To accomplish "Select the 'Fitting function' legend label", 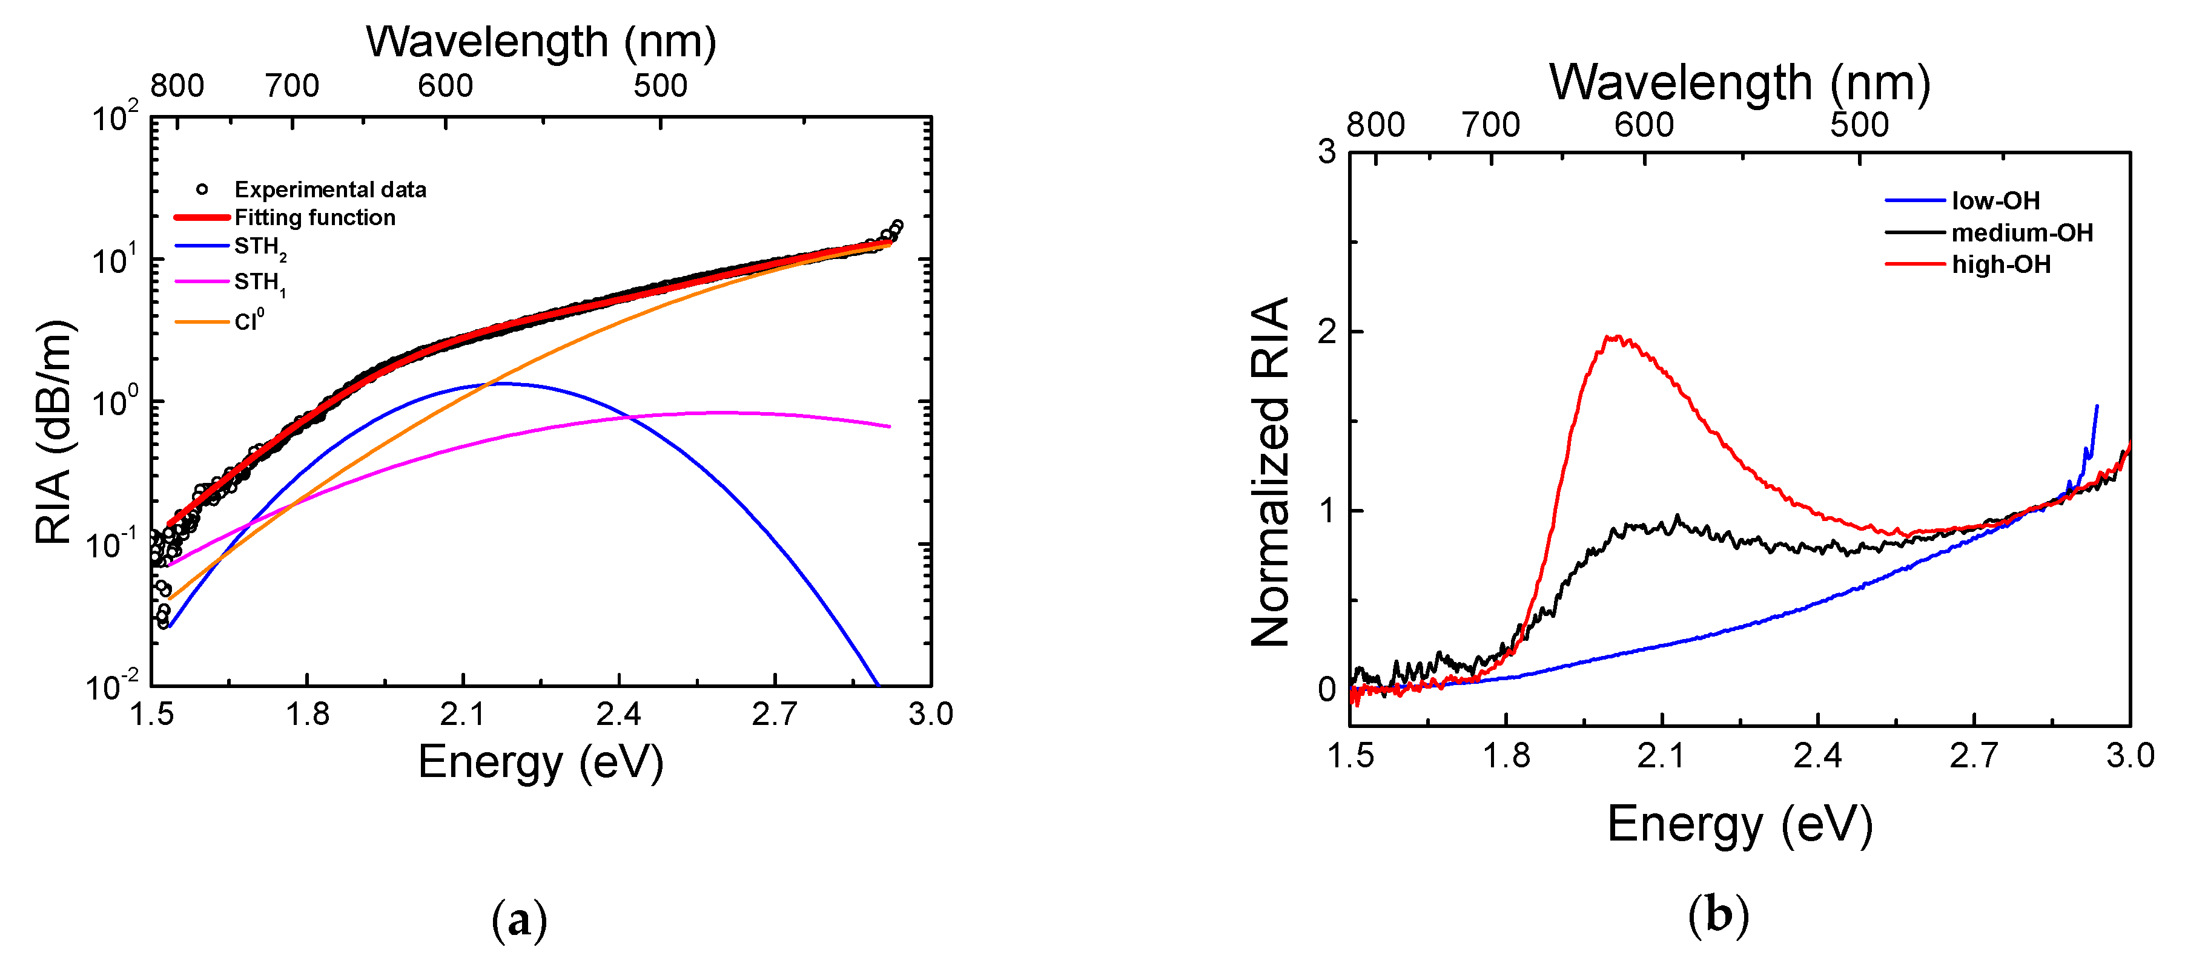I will (314, 218).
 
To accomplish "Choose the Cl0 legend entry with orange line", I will (248, 321).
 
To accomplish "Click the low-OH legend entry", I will (1995, 201).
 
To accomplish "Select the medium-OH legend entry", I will (2021, 232).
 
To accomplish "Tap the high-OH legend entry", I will (2001, 264).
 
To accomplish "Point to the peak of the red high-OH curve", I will (1618, 338).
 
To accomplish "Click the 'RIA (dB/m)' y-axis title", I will (53, 433).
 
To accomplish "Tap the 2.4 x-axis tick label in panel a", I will (618, 715).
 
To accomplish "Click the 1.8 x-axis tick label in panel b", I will (1506, 755).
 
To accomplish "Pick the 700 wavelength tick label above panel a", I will (292, 86).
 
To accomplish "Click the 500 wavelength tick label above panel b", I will (1859, 125).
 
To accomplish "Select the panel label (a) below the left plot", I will (519, 919).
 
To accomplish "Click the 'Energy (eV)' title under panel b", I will (1740, 824).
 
